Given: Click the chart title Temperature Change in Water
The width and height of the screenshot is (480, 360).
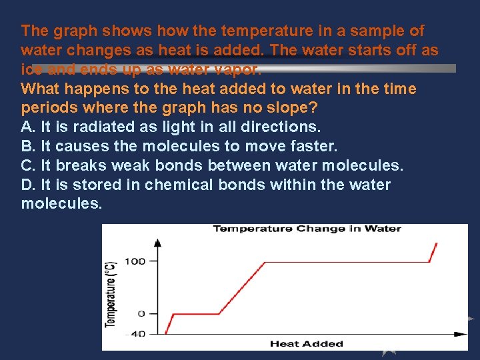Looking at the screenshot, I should [307, 229].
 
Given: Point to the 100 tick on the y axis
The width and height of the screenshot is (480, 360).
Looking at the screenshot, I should [134, 261].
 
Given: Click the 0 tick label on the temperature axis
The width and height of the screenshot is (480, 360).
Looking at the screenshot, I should [141, 313].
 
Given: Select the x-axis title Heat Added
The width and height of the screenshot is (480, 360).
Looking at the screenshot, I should [306, 344].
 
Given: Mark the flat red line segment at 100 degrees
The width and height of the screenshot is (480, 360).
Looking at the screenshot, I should [347, 262].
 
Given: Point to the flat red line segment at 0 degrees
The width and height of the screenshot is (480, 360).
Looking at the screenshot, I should [193, 313].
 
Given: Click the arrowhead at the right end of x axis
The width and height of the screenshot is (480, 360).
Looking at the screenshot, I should [461, 333].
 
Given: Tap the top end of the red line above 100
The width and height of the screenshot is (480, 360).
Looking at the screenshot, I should [437, 243].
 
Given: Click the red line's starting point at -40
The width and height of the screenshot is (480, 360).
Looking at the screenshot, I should [165, 333].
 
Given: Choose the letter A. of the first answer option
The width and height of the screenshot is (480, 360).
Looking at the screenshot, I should [29, 127].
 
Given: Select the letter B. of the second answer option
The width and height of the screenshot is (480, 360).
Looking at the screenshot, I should [29, 146].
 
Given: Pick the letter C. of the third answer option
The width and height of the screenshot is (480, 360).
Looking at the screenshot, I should [29, 165].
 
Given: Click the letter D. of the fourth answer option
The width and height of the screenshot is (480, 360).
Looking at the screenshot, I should [29, 185].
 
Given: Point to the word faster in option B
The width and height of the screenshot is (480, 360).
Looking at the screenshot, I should [313, 146].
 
